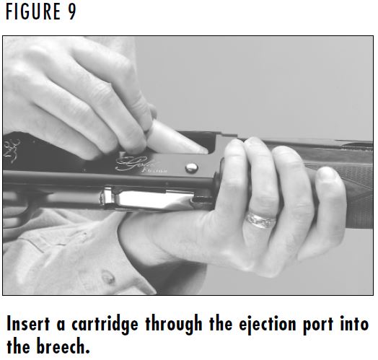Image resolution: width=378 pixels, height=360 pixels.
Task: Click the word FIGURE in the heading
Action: point(32,13)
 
